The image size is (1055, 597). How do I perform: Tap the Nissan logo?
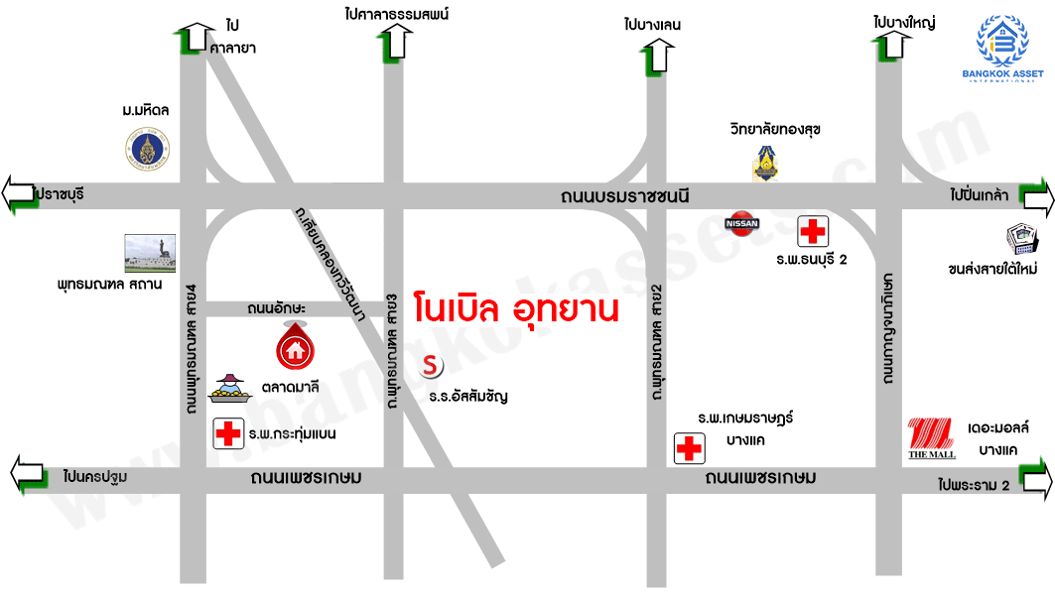(x=743, y=223)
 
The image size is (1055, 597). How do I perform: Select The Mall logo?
(x=932, y=439)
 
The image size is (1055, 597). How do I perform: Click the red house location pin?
(x=293, y=346)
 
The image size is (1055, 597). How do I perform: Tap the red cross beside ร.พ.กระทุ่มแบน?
(x=228, y=433)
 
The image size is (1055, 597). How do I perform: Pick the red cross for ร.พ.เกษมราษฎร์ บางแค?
(x=688, y=448)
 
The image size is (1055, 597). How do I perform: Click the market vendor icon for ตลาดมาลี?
(x=229, y=390)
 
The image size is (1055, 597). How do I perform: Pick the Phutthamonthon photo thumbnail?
(x=150, y=253)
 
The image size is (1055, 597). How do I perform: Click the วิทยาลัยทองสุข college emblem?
(x=764, y=164)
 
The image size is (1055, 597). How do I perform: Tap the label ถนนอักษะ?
(x=276, y=309)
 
